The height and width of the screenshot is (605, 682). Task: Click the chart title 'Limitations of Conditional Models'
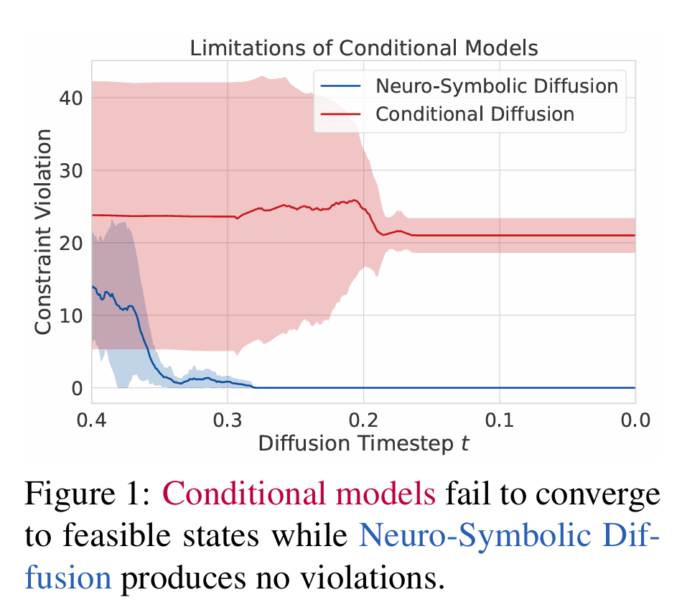pos(363,48)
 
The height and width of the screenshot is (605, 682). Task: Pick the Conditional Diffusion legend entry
pos(475,114)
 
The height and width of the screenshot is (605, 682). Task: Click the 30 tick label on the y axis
pos(73,170)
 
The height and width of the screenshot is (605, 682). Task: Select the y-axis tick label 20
pos(73,243)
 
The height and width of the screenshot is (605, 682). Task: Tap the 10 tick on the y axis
pos(73,315)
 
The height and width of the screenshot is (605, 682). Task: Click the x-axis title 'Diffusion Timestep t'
pos(363,443)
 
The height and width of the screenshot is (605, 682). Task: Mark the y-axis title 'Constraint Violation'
pos(44,231)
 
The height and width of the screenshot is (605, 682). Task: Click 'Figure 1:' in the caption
pos(88,495)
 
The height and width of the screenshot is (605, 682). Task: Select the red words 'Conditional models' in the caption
pos(299,495)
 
